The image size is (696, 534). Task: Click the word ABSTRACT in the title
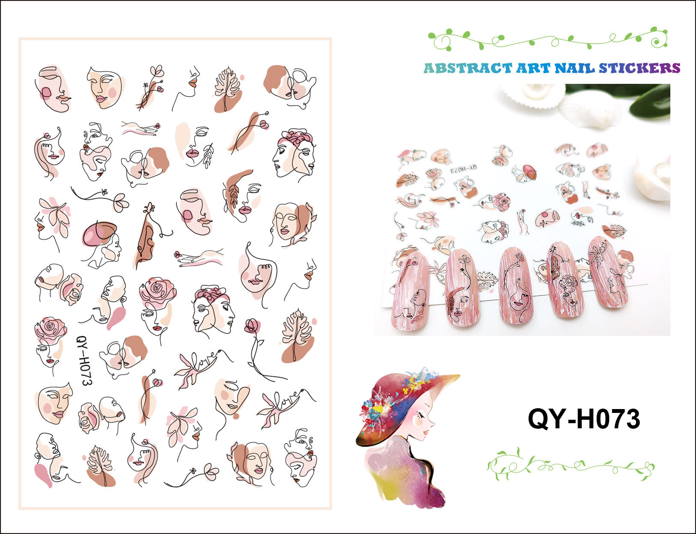pos(467,68)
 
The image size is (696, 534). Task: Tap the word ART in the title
pos(533,68)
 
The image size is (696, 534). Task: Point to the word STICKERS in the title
pos(639,68)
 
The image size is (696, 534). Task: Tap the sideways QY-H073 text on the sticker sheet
pos(84,360)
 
